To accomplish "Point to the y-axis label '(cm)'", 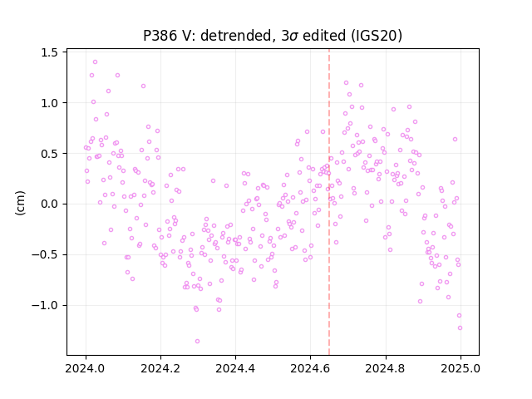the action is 20,203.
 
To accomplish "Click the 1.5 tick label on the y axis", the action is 49,52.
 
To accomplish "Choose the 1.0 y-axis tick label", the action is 49,103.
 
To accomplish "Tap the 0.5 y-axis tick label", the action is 49,154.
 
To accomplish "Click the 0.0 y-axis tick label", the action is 49,204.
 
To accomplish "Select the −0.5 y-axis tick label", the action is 45,255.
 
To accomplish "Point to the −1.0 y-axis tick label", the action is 45,306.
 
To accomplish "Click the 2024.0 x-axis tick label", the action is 86,368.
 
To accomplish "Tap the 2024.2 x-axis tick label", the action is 160,368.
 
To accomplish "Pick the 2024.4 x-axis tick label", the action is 235,368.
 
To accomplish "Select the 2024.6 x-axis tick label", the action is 310,368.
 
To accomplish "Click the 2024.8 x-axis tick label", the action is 386,368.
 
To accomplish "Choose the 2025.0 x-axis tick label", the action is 461,368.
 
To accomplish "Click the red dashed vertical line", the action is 329,202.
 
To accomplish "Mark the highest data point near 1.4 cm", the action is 95,62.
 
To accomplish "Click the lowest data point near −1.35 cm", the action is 197,342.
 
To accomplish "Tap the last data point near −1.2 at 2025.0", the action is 460,328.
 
